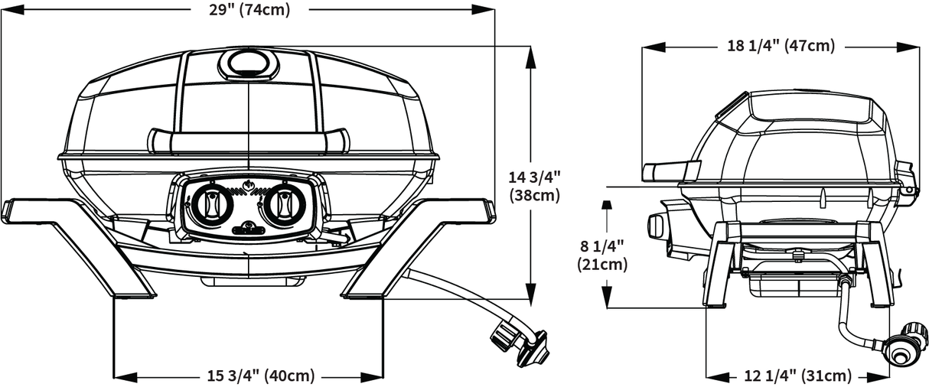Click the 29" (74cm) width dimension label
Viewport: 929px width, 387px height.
click(x=249, y=9)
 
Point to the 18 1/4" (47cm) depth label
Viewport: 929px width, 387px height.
click(x=780, y=46)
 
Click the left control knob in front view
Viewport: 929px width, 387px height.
click(x=210, y=203)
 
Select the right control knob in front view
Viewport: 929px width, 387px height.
click(x=284, y=203)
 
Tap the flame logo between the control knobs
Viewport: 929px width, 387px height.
click(x=247, y=187)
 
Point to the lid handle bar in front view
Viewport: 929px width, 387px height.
click(x=248, y=141)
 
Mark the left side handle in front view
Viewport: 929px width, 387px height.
click(x=27, y=209)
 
